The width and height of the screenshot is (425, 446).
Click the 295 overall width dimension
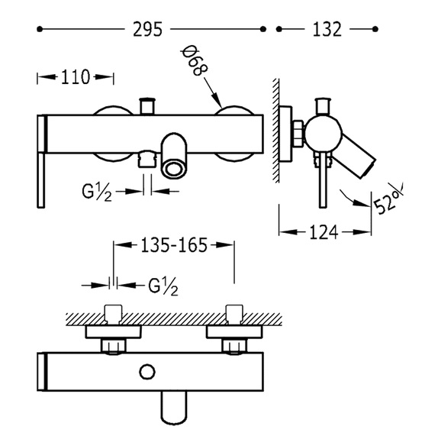[x=147, y=29]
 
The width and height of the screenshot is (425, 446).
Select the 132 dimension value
[x=327, y=29]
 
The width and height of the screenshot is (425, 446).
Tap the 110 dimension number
[x=76, y=77]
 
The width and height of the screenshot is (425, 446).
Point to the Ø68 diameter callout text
[x=194, y=60]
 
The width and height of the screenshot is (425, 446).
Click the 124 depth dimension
[x=324, y=232]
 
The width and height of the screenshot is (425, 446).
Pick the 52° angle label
[x=388, y=200]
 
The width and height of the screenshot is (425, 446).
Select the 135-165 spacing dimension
[x=174, y=245]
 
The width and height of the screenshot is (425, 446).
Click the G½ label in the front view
[x=97, y=192]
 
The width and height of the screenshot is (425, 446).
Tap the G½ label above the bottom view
[x=163, y=286]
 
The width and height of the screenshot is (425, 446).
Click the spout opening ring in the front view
[x=174, y=170]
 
